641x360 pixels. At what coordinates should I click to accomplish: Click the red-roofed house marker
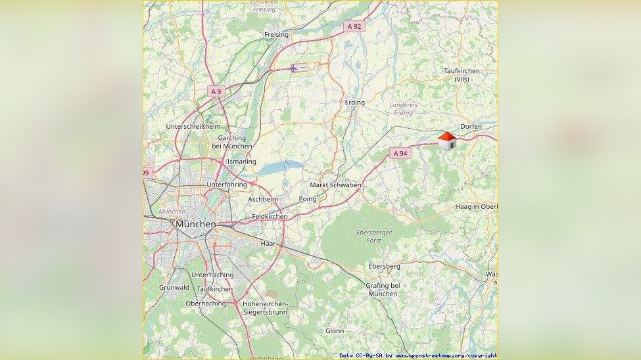point(447,141)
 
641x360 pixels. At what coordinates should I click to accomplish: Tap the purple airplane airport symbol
point(294,68)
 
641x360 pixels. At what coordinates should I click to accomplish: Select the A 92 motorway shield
point(354,26)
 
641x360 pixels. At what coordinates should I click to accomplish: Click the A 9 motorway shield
point(216,91)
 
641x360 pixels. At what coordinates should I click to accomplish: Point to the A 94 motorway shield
point(400,153)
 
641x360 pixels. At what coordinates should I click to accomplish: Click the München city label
point(196,224)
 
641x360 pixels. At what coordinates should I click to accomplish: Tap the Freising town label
point(276,34)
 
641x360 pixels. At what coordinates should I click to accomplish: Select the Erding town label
point(354,102)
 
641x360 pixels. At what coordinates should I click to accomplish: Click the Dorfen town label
point(471,126)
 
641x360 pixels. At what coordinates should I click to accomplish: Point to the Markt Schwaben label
point(335,185)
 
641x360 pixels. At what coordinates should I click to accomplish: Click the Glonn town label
point(335,331)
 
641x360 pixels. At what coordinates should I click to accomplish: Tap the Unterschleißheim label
point(193,126)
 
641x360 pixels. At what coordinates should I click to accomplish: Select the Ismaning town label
point(241,162)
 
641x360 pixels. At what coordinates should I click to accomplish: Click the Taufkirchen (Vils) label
point(462,74)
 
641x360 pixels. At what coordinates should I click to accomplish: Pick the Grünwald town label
point(174,287)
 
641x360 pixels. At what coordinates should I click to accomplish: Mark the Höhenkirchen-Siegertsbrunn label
point(265,307)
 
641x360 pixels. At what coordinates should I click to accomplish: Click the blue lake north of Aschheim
point(279,168)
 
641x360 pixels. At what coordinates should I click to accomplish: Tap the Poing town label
point(307,198)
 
